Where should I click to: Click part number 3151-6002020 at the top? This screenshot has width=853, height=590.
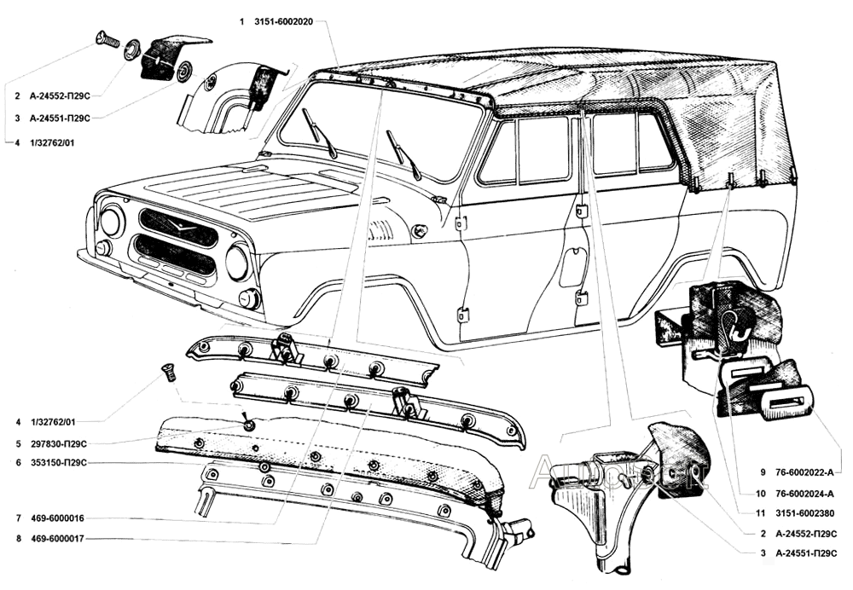click(283, 22)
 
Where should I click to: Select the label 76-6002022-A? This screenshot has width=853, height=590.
click(804, 472)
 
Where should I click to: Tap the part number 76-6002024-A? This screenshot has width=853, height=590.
click(804, 494)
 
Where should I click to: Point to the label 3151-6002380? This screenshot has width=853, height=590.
click(804, 513)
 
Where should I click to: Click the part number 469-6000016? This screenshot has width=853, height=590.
click(58, 518)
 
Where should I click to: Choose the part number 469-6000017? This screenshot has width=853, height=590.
click(58, 540)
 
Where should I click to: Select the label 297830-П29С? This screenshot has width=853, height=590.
click(59, 443)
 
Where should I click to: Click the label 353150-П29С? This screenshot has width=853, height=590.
click(59, 463)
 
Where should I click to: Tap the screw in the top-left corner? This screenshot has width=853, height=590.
click(107, 38)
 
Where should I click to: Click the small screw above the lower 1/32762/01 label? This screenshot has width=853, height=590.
click(168, 373)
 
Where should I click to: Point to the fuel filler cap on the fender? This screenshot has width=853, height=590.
click(418, 231)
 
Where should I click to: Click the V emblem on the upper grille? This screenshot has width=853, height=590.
click(180, 223)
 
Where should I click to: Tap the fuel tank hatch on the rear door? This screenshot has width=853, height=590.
click(573, 267)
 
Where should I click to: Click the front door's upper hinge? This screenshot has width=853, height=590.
click(461, 223)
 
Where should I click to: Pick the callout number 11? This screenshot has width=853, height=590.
click(761, 513)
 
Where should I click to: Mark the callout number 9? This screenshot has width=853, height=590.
click(763, 472)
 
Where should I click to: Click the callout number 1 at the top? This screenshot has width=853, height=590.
click(241, 22)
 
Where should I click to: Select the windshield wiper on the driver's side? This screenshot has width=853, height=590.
click(403, 155)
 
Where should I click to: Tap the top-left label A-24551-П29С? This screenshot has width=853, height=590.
click(60, 118)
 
